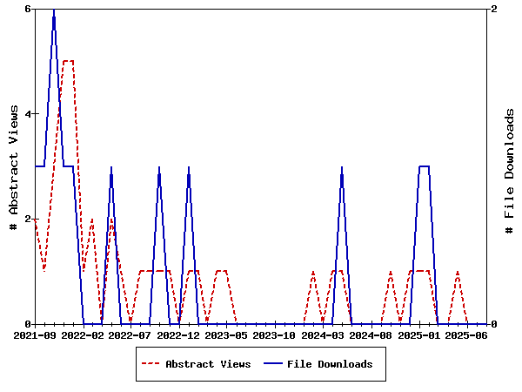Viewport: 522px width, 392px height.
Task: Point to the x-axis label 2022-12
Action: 179,335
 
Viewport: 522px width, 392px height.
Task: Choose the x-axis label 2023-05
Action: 227,335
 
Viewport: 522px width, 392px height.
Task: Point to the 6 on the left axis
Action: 28,9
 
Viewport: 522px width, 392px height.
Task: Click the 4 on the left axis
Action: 28,114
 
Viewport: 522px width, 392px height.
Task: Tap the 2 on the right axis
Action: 495,9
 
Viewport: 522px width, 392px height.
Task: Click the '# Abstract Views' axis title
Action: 13,166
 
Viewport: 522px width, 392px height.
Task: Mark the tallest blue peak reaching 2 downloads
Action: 54,10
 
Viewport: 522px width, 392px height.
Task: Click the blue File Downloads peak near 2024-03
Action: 342,167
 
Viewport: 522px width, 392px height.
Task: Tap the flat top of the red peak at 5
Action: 68,61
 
